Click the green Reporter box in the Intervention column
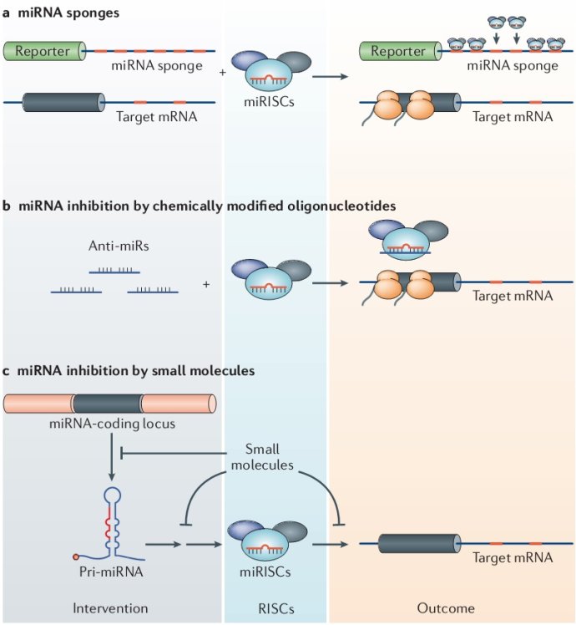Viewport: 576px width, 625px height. tap(43, 52)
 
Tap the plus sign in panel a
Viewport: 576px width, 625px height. tap(222, 73)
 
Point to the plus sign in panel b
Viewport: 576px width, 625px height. tap(206, 284)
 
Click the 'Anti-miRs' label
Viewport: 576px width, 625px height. tap(114, 247)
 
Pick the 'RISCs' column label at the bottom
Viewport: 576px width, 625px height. tap(275, 608)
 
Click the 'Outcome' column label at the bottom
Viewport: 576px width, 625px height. tap(443, 608)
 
